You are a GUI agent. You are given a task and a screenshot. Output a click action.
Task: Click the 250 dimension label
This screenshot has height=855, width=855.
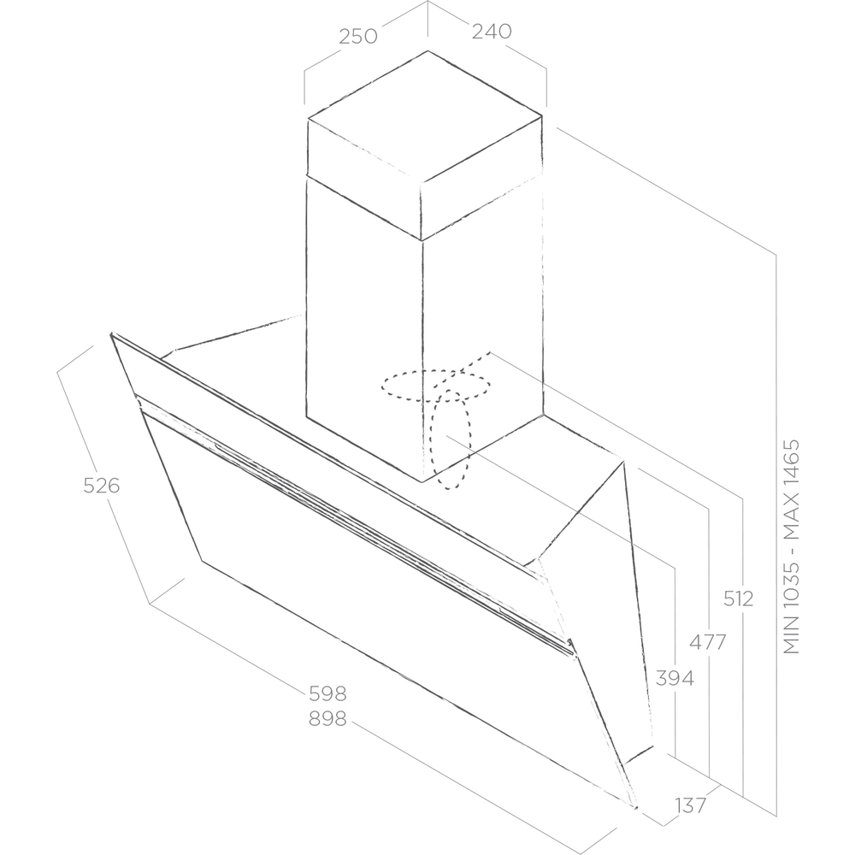coord(357,37)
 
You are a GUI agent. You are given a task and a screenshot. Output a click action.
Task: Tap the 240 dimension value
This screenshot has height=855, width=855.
coord(492,32)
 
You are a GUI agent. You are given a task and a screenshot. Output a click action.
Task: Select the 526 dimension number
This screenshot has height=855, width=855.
coord(102,486)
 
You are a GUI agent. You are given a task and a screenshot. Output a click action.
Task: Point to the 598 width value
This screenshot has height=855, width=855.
coord(327,693)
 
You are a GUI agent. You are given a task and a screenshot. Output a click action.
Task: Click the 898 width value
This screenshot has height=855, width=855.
coord(327,719)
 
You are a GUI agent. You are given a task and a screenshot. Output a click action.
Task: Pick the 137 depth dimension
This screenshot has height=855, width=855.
coord(691,805)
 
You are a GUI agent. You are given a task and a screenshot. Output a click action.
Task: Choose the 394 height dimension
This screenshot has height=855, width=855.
coord(675,678)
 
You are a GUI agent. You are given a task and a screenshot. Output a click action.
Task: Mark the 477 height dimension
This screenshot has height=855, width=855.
coord(708,642)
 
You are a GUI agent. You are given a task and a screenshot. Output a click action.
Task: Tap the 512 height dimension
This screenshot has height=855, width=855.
coord(739,598)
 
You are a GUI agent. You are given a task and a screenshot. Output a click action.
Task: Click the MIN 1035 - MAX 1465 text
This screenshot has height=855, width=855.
coord(791,546)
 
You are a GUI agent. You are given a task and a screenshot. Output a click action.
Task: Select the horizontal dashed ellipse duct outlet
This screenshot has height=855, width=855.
coord(436,386)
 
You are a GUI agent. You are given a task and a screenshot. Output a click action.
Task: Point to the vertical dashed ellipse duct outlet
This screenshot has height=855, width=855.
coord(451,439)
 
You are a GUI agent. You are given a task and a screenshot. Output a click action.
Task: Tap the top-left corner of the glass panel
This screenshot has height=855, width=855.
coord(111,333)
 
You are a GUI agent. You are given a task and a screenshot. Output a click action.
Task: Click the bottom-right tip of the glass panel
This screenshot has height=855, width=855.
coord(636,808)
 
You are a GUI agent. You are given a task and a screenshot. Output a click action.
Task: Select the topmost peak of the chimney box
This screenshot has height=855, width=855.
coord(427,51)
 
